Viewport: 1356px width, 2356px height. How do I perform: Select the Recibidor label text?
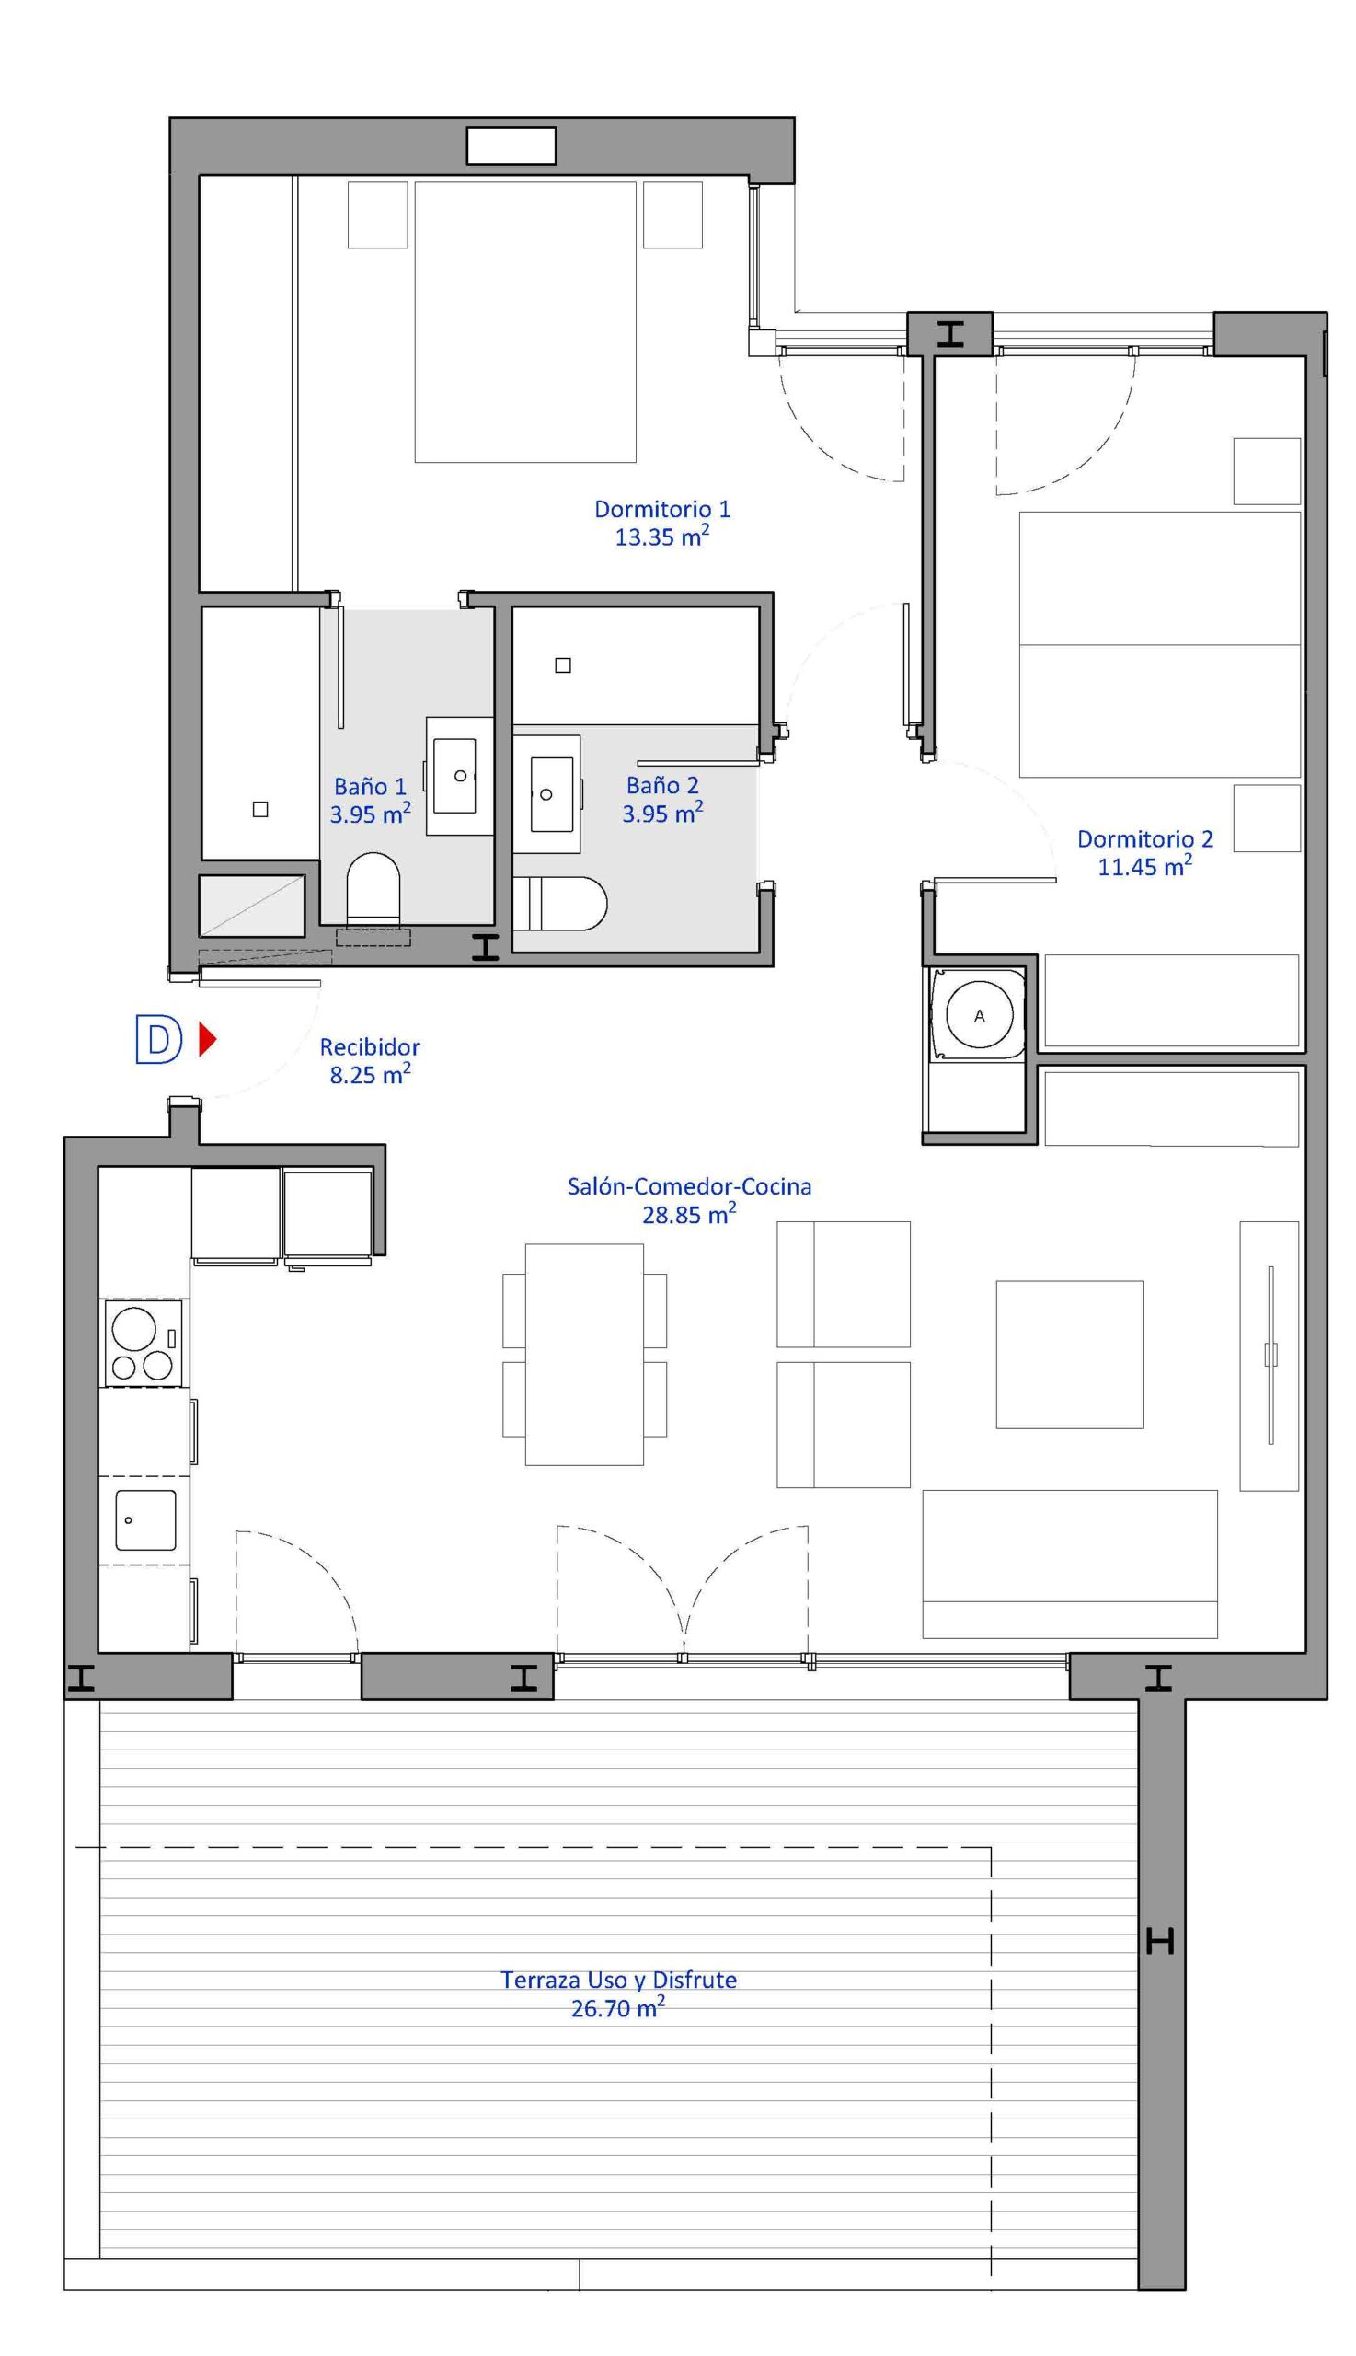click(370, 1047)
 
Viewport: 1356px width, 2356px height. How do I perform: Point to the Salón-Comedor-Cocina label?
click(689, 1187)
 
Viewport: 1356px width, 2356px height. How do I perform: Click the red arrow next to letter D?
click(208, 1039)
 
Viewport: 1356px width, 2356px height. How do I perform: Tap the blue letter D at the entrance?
click(158, 1039)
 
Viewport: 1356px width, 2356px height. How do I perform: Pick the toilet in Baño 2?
click(559, 903)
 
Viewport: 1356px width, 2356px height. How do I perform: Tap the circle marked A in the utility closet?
click(979, 1015)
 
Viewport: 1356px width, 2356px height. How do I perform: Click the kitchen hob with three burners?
click(143, 1343)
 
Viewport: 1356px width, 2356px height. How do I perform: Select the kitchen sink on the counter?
click(145, 1519)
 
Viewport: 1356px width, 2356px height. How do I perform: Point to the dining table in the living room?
click(584, 1354)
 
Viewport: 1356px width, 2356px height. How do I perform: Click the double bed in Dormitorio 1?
click(525, 321)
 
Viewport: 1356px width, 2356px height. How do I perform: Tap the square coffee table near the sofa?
click(1070, 1354)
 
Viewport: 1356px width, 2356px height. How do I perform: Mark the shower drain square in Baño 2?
click(562, 665)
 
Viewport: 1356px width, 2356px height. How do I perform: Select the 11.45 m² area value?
click(1144, 866)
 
